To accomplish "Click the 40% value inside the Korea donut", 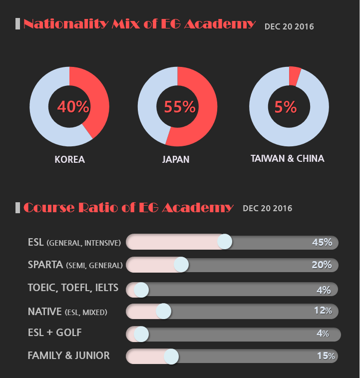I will pyautogui.click(x=73, y=106).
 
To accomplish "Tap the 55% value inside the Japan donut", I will pyautogui.click(x=180, y=106).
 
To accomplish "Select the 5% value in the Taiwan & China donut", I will pyautogui.click(x=286, y=107).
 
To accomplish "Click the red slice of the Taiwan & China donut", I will pyautogui.click(x=295, y=75).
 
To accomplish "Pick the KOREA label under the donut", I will pyautogui.click(x=69, y=160).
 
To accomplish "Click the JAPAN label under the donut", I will pyautogui.click(x=176, y=160).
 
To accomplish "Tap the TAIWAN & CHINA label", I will pyautogui.click(x=287, y=159).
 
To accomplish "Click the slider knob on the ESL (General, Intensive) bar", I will pyautogui.click(x=225, y=242).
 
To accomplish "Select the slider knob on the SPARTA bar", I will pyautogui.click(x=181, y=265).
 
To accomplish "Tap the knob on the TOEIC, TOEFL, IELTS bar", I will pyautogui.click(x=141, y=290).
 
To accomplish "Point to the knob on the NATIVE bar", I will pyautogui.click(x=163, y=311).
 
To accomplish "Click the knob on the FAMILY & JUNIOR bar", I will pyautogui.click(x=171, y=357).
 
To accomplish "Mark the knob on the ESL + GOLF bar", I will pyautogui.click(x=141, y=334).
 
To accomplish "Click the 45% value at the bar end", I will pyautogui.click(x=322, y=242).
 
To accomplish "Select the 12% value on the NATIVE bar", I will pyautogui.click(x=323, y=311).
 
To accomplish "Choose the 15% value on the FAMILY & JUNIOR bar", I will pyautogui.click(x=326, y=356).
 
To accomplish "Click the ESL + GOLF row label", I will pyautogui.click(x=54, y=333).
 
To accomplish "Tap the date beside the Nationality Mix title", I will pyautogui.click(x=289, y=26).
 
